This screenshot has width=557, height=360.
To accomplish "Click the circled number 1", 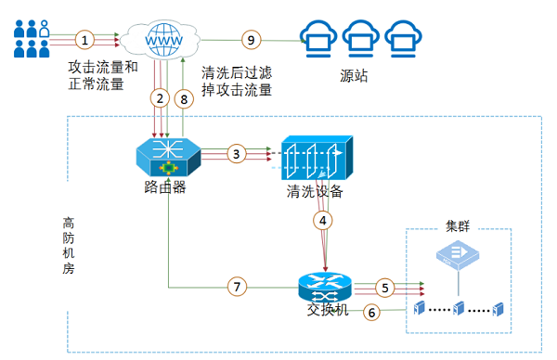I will [85, 40].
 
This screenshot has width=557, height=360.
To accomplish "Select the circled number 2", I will [161, 97].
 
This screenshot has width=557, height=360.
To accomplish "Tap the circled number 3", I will [237, 152].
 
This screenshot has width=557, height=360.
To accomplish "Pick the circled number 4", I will [322, 221].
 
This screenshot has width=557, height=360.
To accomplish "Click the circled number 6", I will [372, 313].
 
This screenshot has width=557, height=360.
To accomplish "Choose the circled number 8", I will [184, 97].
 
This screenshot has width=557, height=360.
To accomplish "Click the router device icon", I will [168, 158].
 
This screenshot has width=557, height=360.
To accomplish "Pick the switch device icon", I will [321, 285].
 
